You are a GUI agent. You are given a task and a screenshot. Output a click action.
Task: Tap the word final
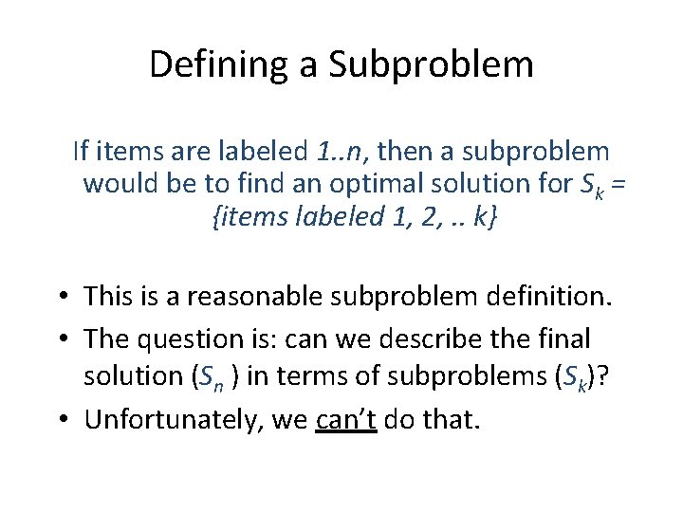tap(565, 338)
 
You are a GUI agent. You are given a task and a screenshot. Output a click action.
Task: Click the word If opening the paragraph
tap(82, 151)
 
